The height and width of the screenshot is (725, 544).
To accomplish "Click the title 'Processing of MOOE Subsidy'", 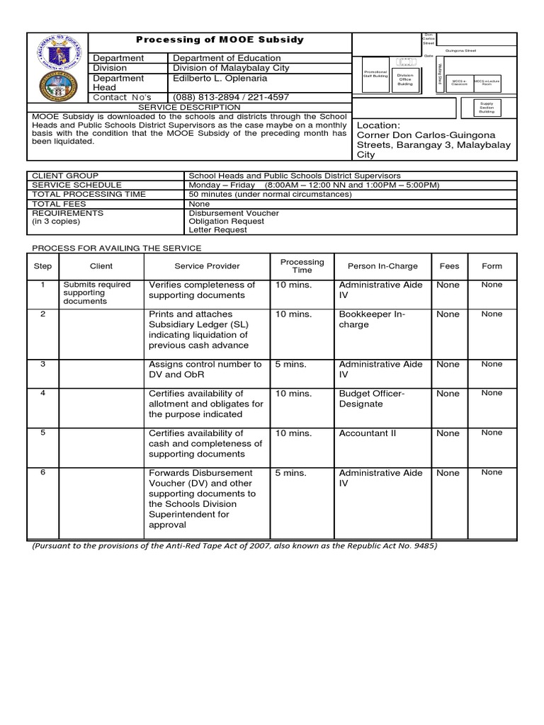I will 220,40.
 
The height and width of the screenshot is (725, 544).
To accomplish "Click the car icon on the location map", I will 406,62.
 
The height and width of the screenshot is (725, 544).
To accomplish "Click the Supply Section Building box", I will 487,107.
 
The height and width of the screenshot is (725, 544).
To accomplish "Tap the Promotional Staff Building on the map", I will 376,74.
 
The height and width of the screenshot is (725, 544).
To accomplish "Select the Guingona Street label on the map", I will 462,50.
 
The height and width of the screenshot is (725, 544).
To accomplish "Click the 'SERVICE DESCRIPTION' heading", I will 188,107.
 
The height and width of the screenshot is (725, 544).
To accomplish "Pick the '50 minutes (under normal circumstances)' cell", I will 270,194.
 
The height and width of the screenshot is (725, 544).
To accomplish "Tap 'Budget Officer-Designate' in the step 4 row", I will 371,399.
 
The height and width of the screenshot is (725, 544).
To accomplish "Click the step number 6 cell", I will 43,472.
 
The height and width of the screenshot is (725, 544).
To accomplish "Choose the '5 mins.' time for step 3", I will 290,365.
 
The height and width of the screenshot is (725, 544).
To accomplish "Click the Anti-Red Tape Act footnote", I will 234,546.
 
